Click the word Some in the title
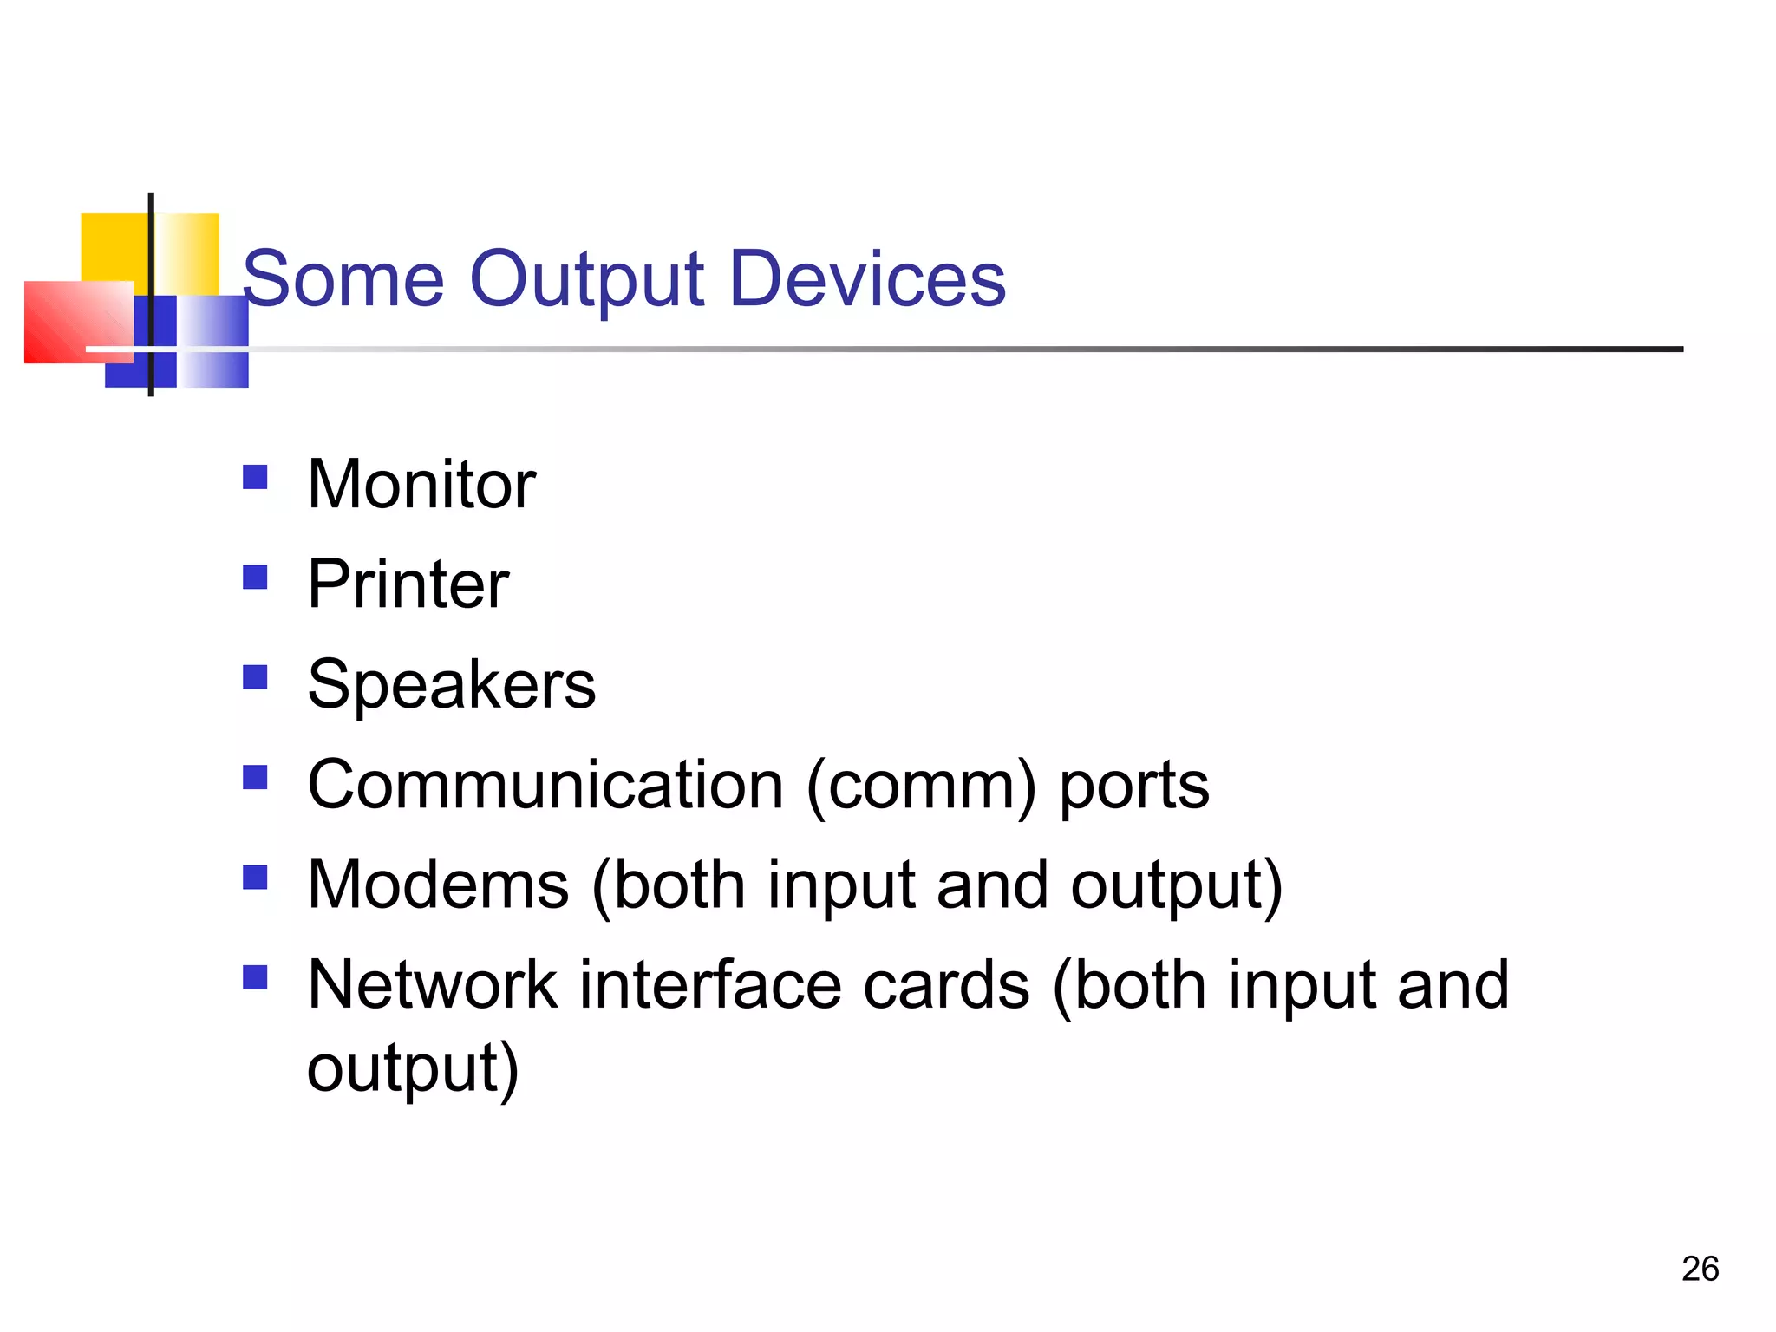click(343, 279)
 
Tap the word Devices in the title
click(867, 279)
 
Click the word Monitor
click(421, 484)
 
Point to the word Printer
click(408, 584)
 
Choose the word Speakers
click(452, 685)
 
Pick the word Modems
click(439, 885)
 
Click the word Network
click(433, 985)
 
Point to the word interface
click(711, 985)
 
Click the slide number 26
click(1700, 1269)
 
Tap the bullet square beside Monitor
click(255, 477)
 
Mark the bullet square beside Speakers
click(255, 677)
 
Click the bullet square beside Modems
click(255, 878)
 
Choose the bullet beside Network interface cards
click(255, 978)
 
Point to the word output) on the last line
click(413, 1068)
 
